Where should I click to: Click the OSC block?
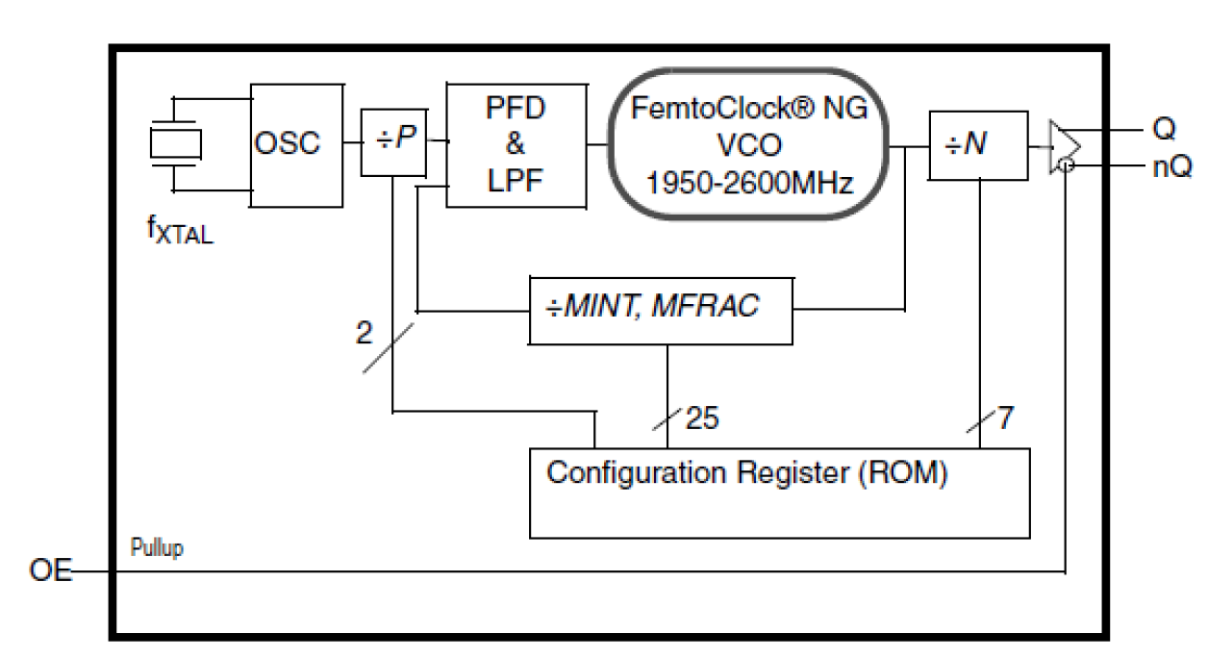click(297, 145)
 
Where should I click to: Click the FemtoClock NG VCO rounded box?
click(748, 144)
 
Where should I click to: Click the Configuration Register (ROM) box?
click(780, 492)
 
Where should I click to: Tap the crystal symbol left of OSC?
click(175, 143)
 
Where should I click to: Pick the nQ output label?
click(1171, 165)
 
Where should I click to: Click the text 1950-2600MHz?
click(748, 183)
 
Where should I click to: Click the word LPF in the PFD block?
click(515, 182)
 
